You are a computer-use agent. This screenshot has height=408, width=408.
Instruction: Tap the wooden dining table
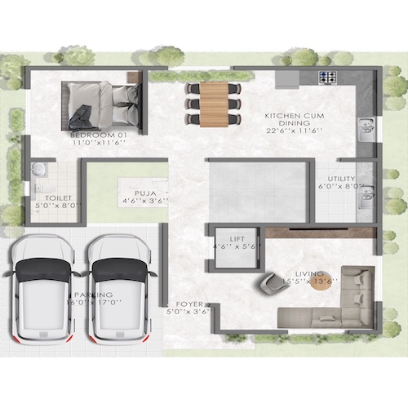[215, 102]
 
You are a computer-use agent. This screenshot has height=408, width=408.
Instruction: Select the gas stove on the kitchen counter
[328, 79]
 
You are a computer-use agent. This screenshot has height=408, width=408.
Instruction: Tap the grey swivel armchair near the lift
[268, 283]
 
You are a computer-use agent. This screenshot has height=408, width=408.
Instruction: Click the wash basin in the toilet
[38, 170]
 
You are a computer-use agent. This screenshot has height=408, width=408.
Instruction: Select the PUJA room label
[146, 193]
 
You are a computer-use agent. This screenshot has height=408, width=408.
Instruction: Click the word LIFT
[237, 238]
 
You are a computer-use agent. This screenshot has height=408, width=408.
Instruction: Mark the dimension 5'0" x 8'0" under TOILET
[59, 206]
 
